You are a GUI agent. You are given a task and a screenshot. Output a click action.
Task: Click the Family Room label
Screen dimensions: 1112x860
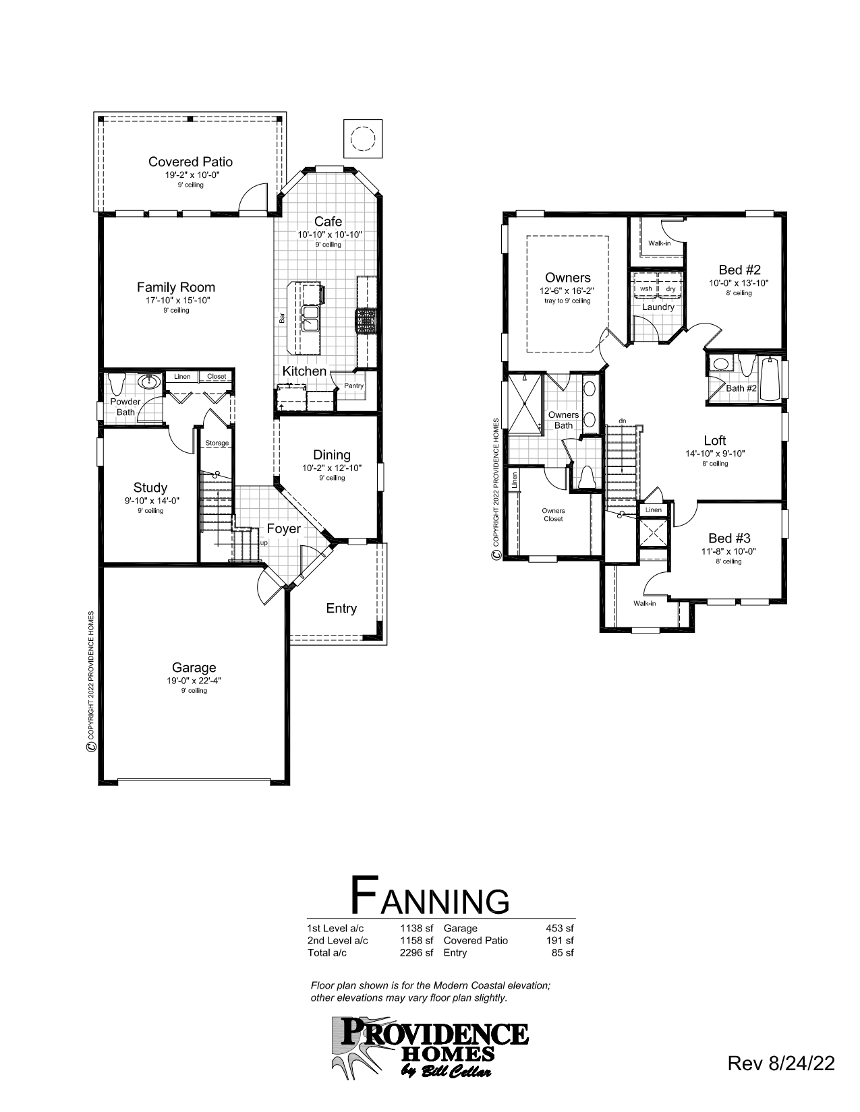coord(176,287)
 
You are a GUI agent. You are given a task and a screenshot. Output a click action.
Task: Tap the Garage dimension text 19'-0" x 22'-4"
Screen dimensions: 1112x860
coord(194,681)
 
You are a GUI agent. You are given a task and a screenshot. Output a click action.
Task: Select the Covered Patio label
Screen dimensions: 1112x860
coord(190,162)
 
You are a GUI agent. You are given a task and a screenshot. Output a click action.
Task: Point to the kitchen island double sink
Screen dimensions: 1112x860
coord(311,318)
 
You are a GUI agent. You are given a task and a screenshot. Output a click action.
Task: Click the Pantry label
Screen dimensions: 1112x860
coord(353,386)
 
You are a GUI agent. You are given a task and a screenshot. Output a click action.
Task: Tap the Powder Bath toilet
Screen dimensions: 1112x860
coord(117,384)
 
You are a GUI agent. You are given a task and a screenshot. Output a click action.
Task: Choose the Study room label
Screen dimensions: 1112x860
coord(150,487)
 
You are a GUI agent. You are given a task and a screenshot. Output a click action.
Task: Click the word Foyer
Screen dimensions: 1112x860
coord(283,529)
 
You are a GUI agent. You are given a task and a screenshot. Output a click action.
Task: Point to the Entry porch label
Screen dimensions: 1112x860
coord(341,609)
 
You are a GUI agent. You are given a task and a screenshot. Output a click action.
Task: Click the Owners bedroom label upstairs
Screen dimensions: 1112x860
coord(567,278)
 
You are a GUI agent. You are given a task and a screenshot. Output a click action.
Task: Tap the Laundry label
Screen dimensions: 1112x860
coord(658,307)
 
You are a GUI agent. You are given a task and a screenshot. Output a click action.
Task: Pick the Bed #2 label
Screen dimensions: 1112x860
coord(739,270)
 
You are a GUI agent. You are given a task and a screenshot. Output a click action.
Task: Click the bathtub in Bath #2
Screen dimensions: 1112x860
coord(770,379)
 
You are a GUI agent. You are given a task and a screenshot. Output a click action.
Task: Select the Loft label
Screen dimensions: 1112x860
coord(714,441)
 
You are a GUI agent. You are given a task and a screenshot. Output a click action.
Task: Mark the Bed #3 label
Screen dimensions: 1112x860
coord(729,538)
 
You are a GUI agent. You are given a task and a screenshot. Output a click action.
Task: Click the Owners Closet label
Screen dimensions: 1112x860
coord(553,514)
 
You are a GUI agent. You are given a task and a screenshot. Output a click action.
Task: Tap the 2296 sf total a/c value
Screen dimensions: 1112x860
coord(416,953)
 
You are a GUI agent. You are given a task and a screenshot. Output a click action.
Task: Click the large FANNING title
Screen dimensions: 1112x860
coord(430,896)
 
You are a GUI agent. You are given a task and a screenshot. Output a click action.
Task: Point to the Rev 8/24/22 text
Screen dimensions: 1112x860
coord(781,1064)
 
